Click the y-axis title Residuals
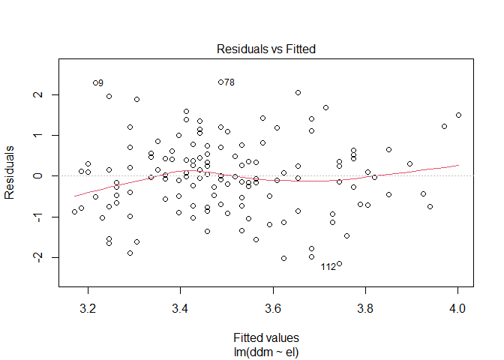11,175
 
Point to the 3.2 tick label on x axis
88,307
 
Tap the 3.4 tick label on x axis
180,307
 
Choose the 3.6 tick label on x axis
273,307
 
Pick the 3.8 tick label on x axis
365,307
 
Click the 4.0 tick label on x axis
457,307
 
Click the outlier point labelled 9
95,82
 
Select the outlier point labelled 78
220,82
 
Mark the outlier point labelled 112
340,263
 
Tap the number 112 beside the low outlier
328,267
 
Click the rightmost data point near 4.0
458,115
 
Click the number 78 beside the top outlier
229,82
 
